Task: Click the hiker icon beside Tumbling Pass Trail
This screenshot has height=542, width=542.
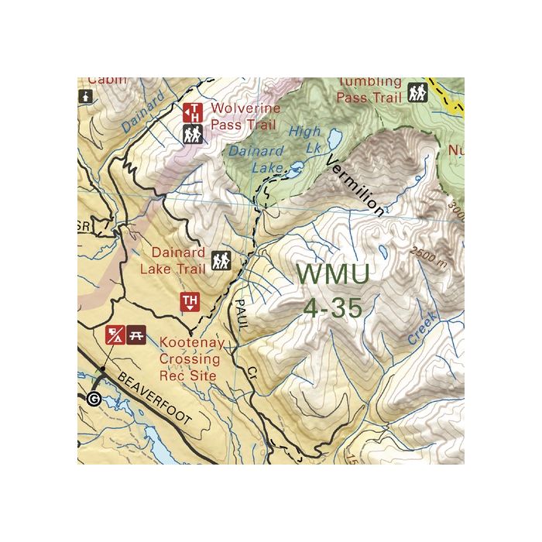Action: coord(417,93)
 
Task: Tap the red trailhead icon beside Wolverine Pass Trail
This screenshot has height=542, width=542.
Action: coord(193,113)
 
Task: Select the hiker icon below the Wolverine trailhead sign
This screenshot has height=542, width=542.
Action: coord(193,135)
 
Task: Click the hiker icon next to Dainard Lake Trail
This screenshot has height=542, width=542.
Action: coord(221,261)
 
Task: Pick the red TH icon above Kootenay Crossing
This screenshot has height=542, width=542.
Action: coord(190,302)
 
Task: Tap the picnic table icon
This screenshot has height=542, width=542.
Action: coord(137,335)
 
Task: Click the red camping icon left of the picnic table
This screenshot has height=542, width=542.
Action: coord(115,335)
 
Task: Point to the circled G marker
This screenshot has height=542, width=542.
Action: coord(94,400)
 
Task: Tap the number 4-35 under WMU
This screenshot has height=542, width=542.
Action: coord(333,307)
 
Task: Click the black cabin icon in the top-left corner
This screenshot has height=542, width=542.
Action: coord(85,97)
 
